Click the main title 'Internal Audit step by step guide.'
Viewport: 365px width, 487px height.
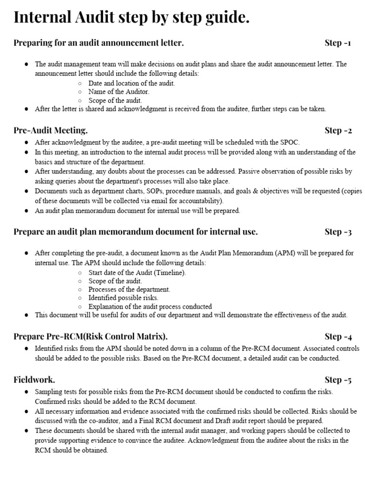[x=132, y=18]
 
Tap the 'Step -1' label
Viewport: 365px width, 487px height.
[x=338, y=43]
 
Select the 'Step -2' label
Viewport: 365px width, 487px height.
[x=338, y=130]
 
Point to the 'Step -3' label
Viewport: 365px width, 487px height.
[x=338, y=232]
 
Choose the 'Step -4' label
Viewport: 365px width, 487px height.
[x=338, y=337]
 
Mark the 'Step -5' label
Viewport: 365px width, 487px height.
[x=338, y=380]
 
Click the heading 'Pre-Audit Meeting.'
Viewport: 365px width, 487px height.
[x=50, y=130]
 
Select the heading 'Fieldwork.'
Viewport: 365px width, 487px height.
[x=34, y=380]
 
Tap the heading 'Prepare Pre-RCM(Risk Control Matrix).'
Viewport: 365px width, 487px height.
[x=91, y=337]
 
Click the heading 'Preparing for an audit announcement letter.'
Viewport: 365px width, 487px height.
[x=98, y=43]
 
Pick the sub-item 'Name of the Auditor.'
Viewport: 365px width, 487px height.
[x=119, y=91]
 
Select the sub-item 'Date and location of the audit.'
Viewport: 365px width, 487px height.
[x=132, y=83]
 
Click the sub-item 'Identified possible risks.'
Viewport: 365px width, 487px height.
[x=123, y=298]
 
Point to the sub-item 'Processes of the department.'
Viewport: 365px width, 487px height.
[x=129, y=289]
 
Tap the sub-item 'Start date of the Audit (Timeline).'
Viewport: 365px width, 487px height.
[x=137, y=272]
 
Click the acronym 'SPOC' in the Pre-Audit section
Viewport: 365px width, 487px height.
[x=291, y=143]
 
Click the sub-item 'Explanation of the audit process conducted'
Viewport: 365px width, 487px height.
[x=150, y=306]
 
